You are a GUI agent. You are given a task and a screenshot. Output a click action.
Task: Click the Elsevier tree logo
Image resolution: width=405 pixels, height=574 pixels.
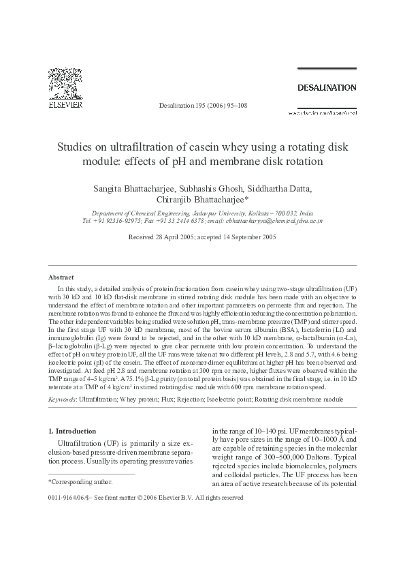click(65, 83)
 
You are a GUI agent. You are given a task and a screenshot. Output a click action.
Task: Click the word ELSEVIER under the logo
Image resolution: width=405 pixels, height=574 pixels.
click(65, 106)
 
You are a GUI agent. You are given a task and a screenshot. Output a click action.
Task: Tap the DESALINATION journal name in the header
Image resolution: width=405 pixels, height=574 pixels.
click(327, 88)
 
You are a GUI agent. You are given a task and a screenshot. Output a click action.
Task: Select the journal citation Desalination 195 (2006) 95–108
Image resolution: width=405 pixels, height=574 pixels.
click(202, 106)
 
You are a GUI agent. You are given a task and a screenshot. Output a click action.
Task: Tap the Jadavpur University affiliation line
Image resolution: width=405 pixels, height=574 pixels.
click(202, 213)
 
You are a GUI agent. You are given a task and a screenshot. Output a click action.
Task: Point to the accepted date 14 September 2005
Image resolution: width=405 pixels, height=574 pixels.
click(246, 237)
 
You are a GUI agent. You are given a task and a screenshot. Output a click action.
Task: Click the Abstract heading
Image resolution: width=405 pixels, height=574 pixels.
click(61, 277)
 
